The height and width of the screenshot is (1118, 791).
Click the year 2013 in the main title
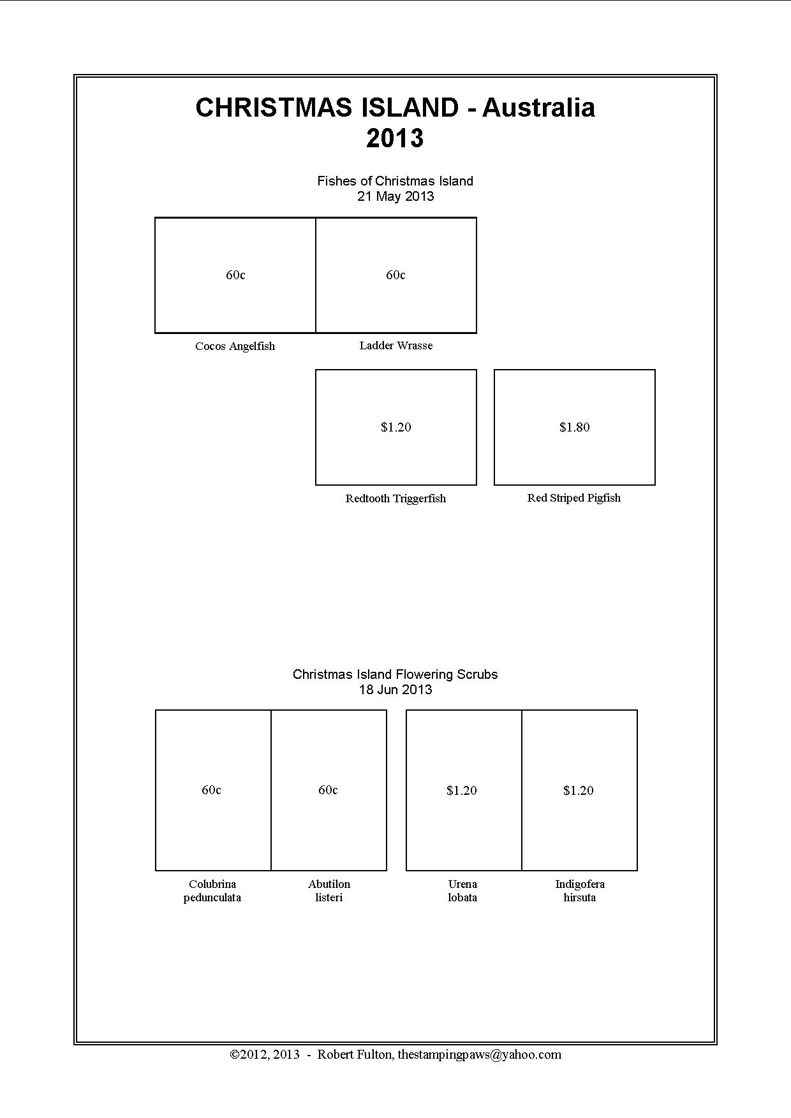point(395,138)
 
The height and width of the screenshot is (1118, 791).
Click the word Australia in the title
point(538,108)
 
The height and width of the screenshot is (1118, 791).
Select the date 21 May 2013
point(395,196)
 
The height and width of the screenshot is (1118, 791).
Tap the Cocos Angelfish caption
point(235,346)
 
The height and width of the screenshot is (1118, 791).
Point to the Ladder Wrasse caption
point(395,345)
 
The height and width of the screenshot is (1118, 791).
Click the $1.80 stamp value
point(574,427)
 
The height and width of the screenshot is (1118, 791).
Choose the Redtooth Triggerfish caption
point(395,498)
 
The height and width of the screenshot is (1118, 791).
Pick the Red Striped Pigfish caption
point(573,498)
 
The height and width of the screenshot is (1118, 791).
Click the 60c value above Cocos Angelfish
point(235,275)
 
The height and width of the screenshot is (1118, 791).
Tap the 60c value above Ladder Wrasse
point(395,275)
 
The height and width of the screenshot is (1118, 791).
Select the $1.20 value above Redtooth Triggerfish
point(395,427)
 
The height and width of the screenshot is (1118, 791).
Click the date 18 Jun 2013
point(395,690)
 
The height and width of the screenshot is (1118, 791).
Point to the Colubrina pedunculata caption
point(212,890)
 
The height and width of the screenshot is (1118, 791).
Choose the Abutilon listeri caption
point(329,890)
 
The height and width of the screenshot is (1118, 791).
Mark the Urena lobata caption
point(462,890)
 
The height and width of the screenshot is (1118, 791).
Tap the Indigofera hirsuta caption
point(580,890)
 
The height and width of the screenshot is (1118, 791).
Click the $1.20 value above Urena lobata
point(462,790)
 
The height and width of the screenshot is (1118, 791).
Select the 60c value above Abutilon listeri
point(328,790)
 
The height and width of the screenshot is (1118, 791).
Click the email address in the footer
point(480,1054)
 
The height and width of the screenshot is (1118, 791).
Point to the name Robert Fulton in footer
point(355,1054)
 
